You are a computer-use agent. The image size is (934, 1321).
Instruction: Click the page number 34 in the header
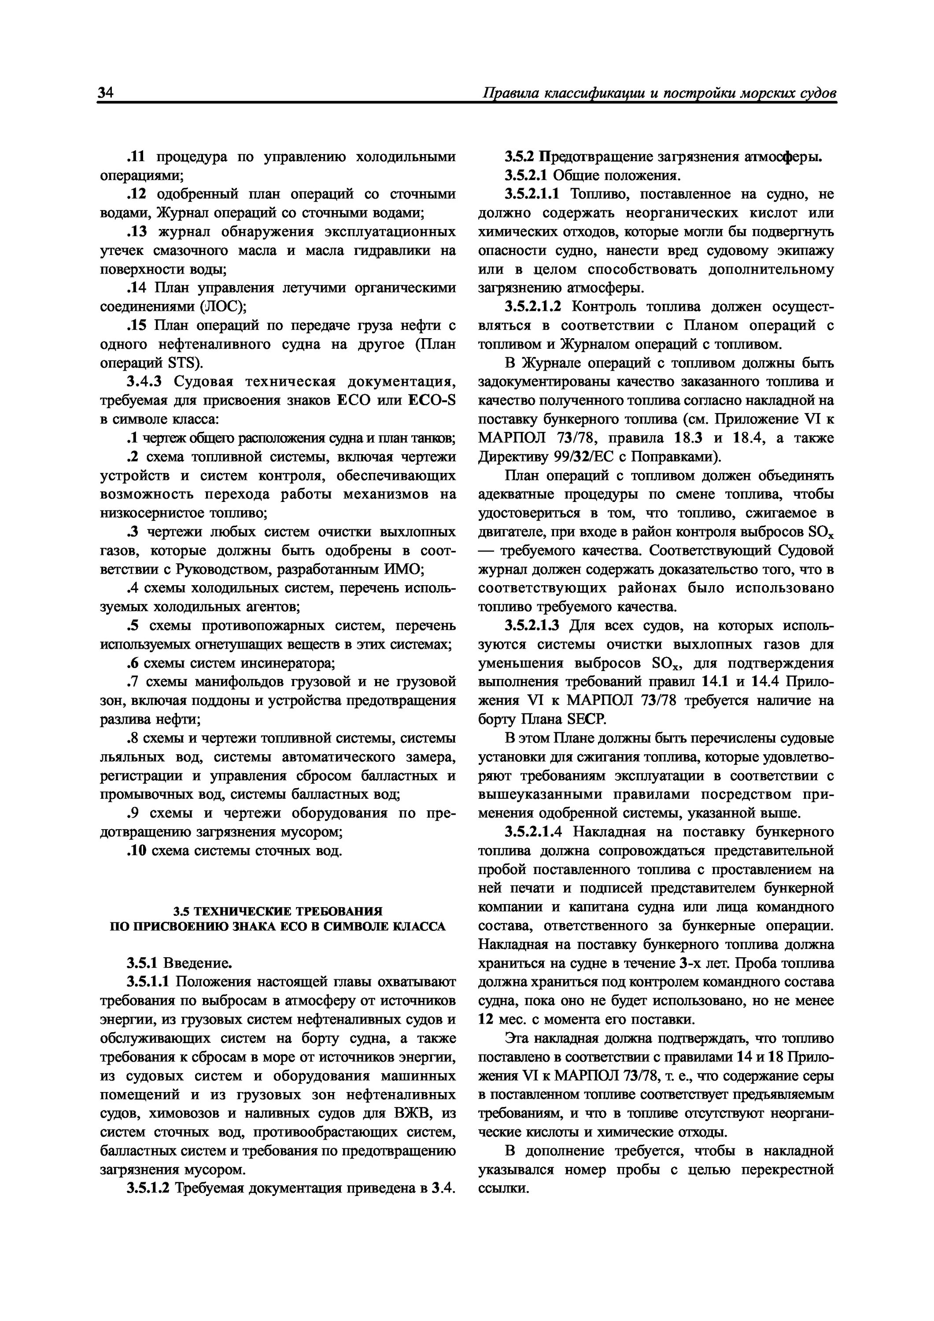pos(106,92)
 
